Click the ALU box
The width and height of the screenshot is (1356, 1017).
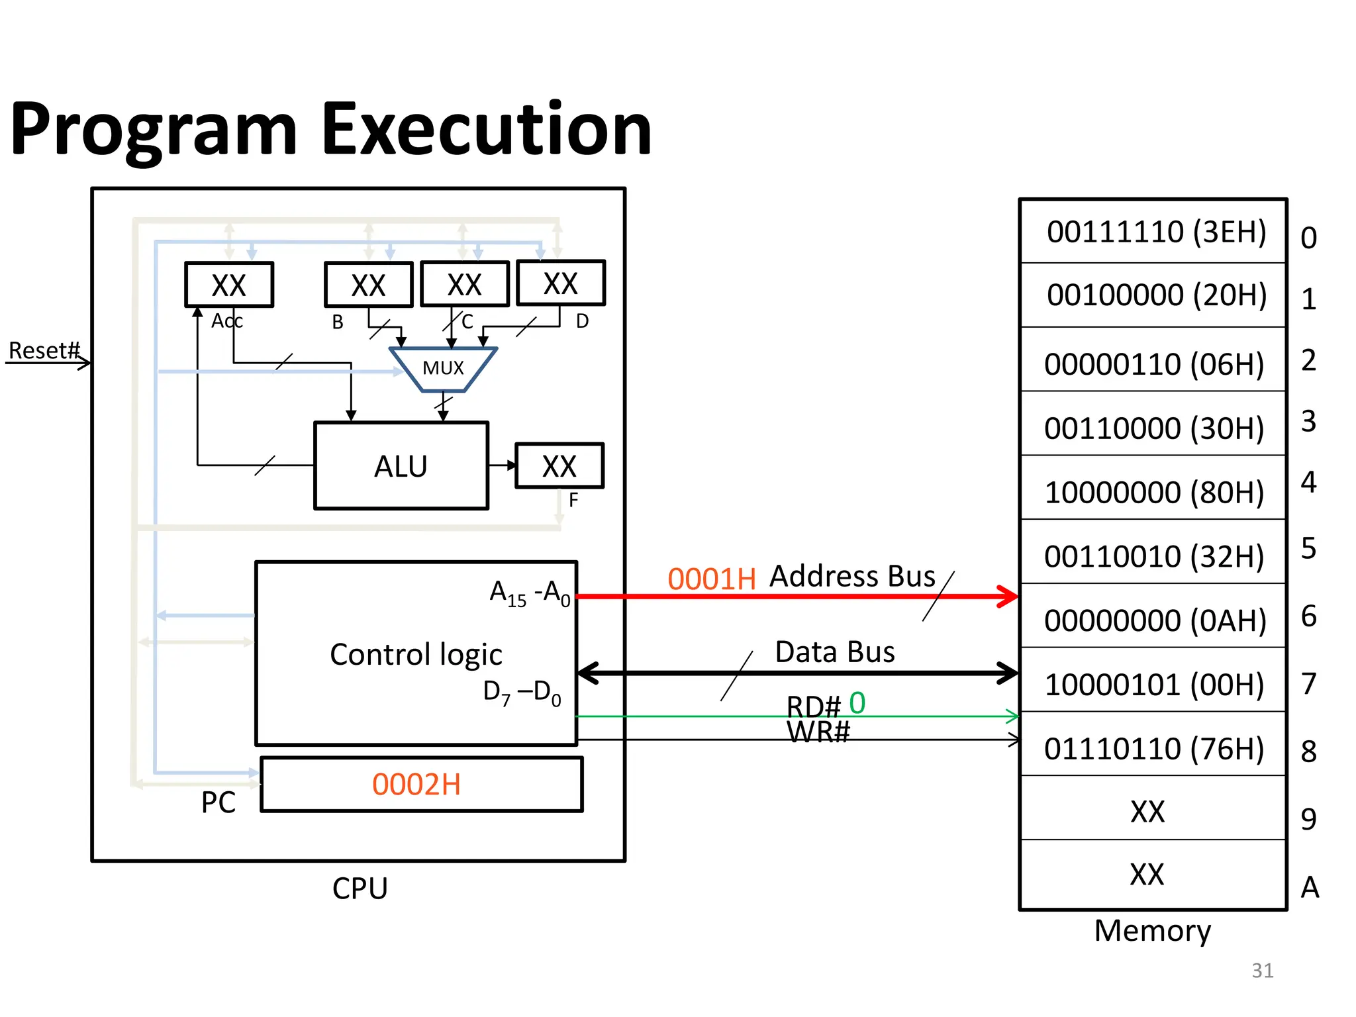[401, 466]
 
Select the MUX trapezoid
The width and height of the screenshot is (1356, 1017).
[443, 369]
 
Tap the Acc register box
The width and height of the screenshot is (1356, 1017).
[229, 285]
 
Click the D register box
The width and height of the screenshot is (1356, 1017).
[561, 283]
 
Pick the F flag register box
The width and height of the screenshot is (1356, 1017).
[559, 466]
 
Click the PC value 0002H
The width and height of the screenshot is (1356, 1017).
[416, 785]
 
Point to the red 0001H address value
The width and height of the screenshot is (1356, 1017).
[712, 579]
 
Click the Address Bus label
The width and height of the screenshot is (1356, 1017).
[853, 576]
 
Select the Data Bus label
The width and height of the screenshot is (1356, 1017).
[835, 652]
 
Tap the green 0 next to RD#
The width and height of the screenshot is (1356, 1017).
[857, 702]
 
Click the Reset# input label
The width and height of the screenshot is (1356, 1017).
[44, 350]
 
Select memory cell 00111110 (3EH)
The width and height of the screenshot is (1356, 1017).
[1156, 232]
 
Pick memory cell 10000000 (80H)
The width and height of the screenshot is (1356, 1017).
[1154, 492]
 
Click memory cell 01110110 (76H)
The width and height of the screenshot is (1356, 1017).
[1154, 749]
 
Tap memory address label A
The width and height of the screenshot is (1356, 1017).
[1310, 887]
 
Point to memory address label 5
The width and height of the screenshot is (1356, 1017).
[1308, 548]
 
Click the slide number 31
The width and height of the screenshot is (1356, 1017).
[1263, 970]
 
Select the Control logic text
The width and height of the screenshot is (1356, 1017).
[416, 654]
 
